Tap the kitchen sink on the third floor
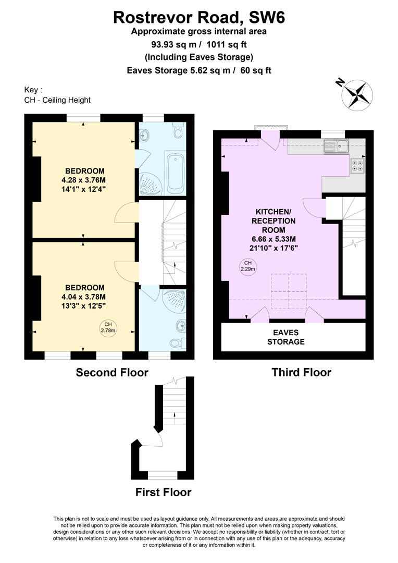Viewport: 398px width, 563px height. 337,146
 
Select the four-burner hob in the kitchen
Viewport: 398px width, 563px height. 357,166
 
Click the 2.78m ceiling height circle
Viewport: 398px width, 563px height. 108,327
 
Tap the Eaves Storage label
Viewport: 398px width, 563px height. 286,337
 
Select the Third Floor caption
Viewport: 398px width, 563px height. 302,372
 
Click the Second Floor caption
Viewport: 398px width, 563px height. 112,372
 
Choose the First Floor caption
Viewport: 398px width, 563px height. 163,492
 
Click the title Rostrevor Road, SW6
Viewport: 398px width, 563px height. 199,17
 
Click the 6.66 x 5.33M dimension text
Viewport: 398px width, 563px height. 274,239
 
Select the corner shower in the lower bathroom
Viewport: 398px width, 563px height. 175,300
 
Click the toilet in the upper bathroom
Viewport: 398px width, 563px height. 178,131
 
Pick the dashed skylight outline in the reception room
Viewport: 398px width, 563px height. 289,291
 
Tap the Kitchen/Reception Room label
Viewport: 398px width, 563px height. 274,221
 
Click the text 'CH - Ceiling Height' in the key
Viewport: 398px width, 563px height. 57,100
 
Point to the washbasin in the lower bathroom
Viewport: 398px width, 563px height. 181,326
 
